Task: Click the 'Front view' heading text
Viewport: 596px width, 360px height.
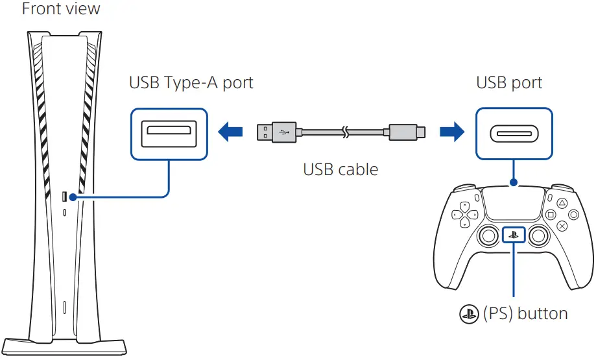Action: pyautogui.click(x=62, y=10)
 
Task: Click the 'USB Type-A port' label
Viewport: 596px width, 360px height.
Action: pyautogui.click(x=191, y=83)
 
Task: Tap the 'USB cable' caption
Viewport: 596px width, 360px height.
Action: pyautogui.click(x=340, y=170)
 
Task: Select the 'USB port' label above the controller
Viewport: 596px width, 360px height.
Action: pyautogui.click(x=509, y=83)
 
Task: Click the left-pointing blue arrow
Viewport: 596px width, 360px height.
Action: pyautogui.click(x=231, y=132)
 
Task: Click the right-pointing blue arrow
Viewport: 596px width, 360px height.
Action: pyautogui.click(x=452, y=132)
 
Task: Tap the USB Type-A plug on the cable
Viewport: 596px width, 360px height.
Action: pyautogui.click(x=271, y=132)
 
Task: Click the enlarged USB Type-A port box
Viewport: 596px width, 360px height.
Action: pyautogui.click(x=169, y=132)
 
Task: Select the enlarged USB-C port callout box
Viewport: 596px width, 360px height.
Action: pyautogui.click(x=514, y=132)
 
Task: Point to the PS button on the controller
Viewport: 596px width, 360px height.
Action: pyautogui.click(x=514, y=235)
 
